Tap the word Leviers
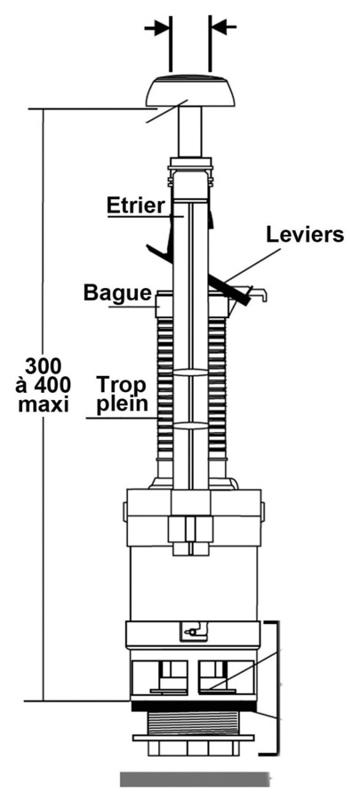(x=305, y=236)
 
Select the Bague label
(x=118, y=293)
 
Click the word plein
(x=123, y=404)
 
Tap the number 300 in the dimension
(x=44, y=366)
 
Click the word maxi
(x=44, y=404)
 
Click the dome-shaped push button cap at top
(x=191, y=91)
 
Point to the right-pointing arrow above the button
(x=157, y=28)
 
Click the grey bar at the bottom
(x=196, y=779)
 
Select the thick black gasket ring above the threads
(x=194, y=706)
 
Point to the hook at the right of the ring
(x=260, y=294)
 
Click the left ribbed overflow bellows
(x=164, y=388)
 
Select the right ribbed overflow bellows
(x=217, y=388)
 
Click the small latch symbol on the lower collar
(x=194, y=631)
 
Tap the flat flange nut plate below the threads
(x=193, y=738)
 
